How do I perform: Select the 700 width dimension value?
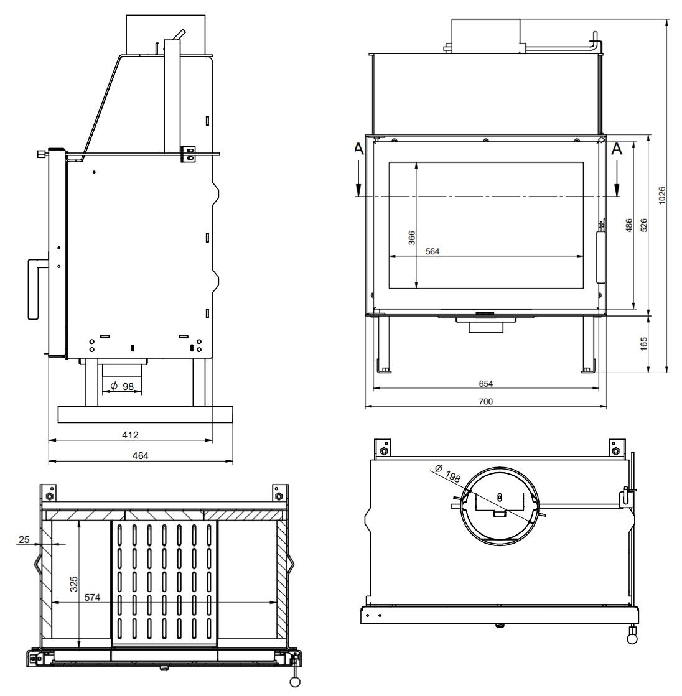[x=486, y=401]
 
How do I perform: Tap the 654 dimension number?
[x=486, y=384]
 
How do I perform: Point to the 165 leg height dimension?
[x=644, y=343]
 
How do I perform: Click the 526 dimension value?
[x=644, y=225]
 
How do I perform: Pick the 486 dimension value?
[x=628, y=225]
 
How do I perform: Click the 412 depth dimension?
[x=130, y=434]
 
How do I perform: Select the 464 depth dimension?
[x=141, y=455]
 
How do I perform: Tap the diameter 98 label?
[x=122, y=386]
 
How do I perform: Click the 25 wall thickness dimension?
[x=24, y=539]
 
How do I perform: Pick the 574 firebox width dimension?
[x=93, y=598]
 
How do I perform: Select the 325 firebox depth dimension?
[x=74, y=584]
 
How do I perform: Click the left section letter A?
[x=358, y=149]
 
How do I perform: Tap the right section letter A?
[x=617, y=149]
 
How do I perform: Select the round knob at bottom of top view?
[x=633, y=638]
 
